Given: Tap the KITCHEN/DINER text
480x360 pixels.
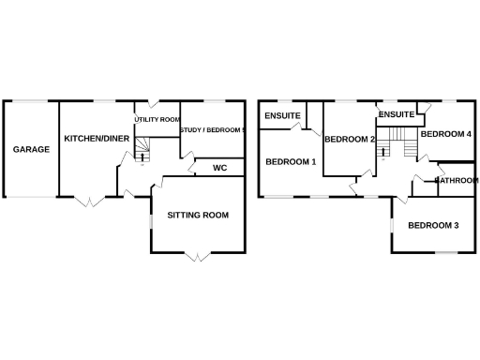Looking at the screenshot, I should [97, 139].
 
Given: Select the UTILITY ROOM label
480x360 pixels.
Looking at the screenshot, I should [157, 120].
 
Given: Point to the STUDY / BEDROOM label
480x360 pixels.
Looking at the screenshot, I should [213, 130].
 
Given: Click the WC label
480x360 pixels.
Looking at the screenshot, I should [220, 169].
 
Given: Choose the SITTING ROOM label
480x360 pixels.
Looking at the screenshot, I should [198, 216].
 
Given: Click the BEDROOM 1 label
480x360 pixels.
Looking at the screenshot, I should [291, 162].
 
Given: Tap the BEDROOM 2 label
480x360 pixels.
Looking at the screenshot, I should [350, 140].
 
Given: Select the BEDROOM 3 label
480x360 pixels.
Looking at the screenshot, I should [433, 225].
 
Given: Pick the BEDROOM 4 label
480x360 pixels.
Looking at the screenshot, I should [445, 134].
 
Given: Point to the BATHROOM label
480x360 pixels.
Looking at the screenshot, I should [457, 180].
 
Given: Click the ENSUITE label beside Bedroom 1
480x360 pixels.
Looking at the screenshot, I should [282, 116].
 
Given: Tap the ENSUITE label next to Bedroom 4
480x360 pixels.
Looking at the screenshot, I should [397, 114].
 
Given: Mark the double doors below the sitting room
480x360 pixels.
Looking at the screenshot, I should [196, 255].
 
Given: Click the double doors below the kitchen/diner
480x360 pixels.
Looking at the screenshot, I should [90, 201].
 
